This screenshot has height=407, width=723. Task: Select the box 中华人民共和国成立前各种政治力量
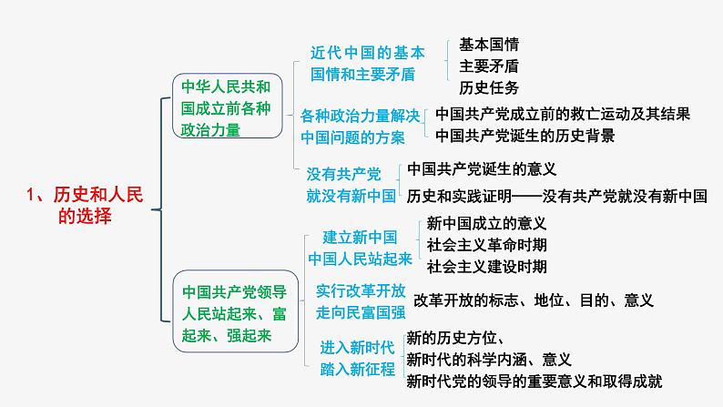coord(226,108)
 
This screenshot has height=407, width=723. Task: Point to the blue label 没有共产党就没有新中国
coord(351,183)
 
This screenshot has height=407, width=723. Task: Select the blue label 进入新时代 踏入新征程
coord(358,357)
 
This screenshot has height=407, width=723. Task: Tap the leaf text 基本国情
coord(489,45)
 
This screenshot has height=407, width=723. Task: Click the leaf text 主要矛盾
coord(489,66)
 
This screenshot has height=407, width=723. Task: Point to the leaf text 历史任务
coord(489,87)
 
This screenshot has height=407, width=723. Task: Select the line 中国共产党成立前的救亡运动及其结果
coord(562,115)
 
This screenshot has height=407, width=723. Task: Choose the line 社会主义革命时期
coord(486,244)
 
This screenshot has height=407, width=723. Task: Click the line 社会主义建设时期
coord(486,266)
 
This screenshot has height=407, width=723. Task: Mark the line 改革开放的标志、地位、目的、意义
coord(534,300)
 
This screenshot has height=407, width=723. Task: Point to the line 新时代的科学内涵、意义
coord(488,359)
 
